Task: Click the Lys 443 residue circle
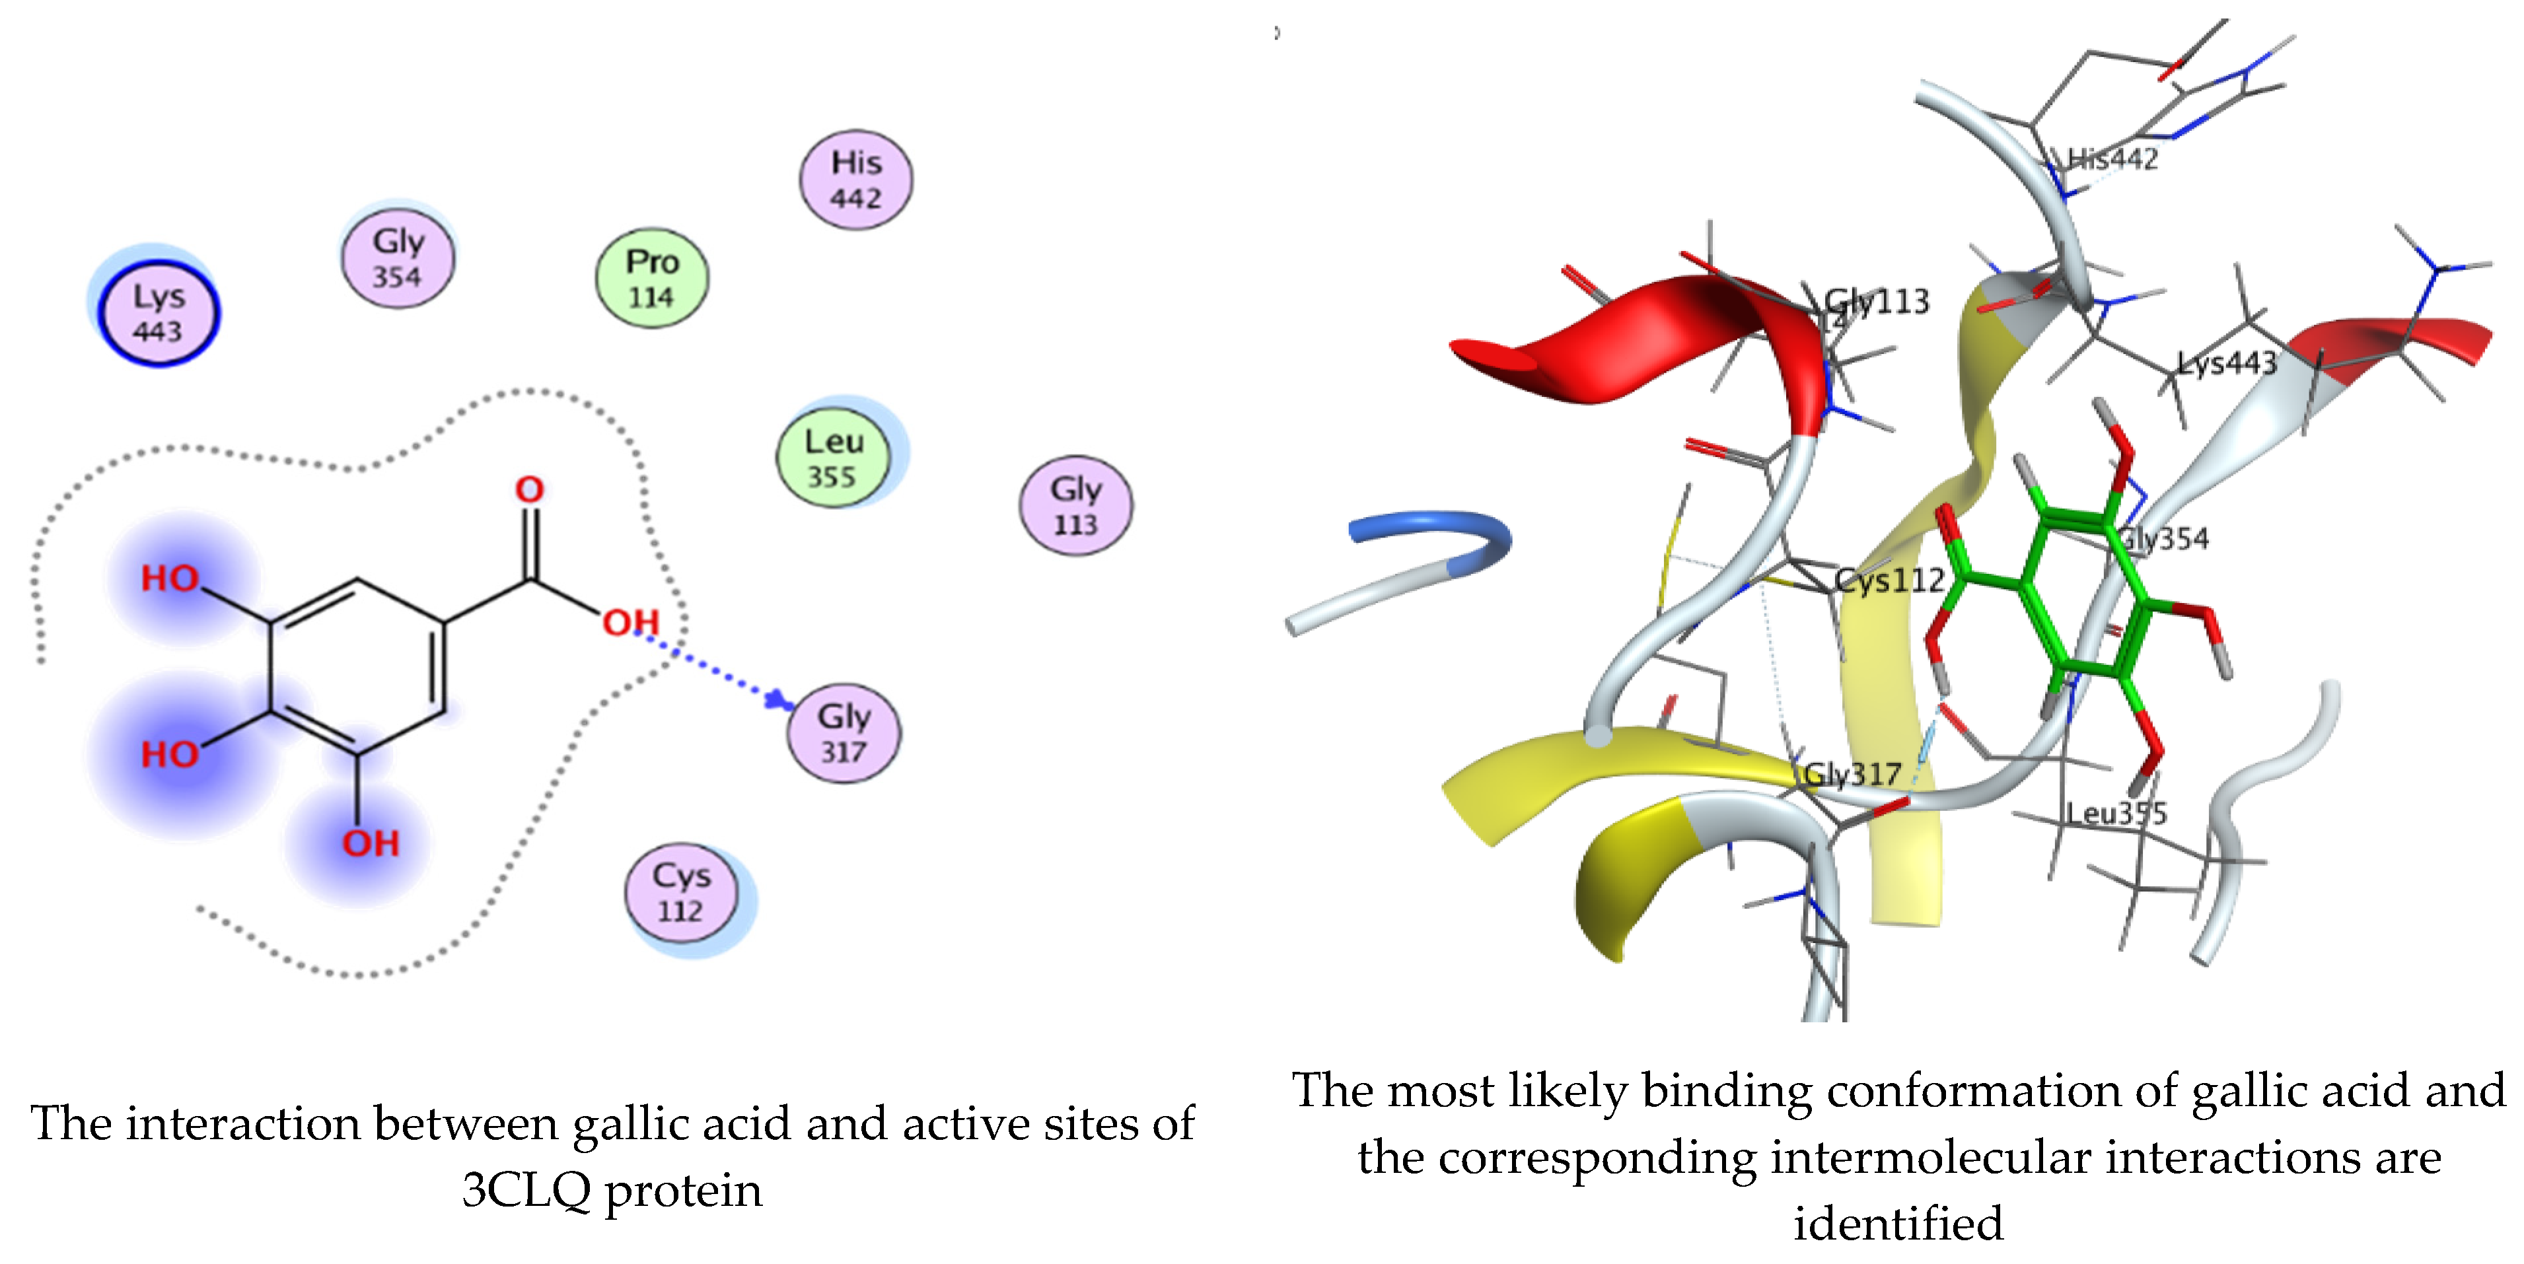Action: [x=158, y=314]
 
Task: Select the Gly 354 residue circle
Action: [x=397, y=259]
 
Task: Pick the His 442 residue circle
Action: [x=855, y=180]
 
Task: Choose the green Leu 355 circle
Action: [x=833, y=458]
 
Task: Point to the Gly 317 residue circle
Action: [x=844, y=733]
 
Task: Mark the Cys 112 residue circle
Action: [x=680, y=893]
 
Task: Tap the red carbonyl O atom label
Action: [x=529, y=490]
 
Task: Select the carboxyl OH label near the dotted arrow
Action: [x=630, y=622]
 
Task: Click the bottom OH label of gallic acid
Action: [x=371, y=843]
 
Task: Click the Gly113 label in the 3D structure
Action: [x=1877, y=302]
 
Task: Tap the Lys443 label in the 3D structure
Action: [x=2226, y=363]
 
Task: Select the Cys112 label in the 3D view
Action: [x=1889, y=581]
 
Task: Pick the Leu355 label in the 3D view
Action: [x=2116, y=813]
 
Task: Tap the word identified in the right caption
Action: [x=1898, y=1223]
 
